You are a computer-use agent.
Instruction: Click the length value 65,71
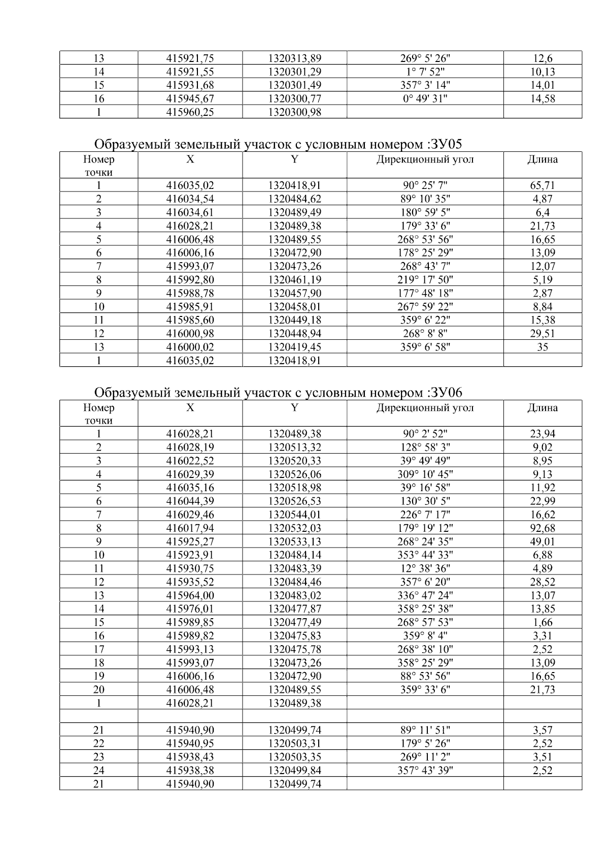[543, 185]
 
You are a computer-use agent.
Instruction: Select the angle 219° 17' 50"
[425, 279]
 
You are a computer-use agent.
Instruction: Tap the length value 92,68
[543, 528]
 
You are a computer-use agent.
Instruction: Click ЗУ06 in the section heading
[445, 393]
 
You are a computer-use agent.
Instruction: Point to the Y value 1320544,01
[294, 515]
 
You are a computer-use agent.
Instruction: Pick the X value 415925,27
[190, 542]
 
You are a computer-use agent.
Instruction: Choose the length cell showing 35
[543, 347]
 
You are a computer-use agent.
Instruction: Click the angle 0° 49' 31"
[425, 99]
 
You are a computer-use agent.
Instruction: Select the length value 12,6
[543, 58]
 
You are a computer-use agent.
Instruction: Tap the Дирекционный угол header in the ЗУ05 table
[425, 159]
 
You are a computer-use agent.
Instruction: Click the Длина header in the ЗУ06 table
[543, 408]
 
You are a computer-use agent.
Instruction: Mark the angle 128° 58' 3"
[425, 448]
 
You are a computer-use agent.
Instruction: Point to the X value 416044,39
[190, 501]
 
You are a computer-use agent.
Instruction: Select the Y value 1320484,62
[294, 199]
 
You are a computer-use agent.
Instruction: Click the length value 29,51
[543, 334]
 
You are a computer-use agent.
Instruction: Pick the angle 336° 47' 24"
[425, 595]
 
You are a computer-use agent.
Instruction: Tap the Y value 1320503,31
[294, 744]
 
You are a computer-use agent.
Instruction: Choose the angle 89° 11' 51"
[425, 730]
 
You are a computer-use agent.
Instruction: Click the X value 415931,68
[190, 85]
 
